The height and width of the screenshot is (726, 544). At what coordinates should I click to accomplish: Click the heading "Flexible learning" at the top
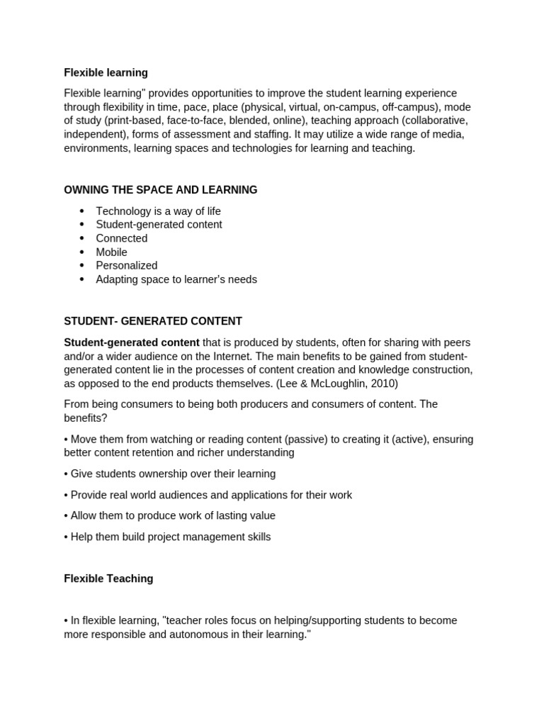(x=106, y=72)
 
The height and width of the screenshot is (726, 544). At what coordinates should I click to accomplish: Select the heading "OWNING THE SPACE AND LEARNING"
(x=161, y=190)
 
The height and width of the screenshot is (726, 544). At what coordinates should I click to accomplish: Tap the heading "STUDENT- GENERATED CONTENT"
(x=153, y=321)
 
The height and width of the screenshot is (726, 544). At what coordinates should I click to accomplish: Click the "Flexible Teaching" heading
(x=108, y=579)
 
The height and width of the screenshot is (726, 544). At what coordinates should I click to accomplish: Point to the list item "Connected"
(x=122, y=238)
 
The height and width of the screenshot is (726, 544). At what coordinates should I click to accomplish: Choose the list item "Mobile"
(x=112, y=252)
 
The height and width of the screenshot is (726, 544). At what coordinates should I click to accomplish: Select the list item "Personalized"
(x=127, y=265)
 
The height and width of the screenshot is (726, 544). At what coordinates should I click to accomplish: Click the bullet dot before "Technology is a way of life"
(x=82, y=211)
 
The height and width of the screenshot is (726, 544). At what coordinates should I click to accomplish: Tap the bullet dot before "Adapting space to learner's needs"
(x=82, y=279)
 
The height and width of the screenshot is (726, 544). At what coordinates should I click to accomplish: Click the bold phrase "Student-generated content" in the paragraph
(x=132, y=342)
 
